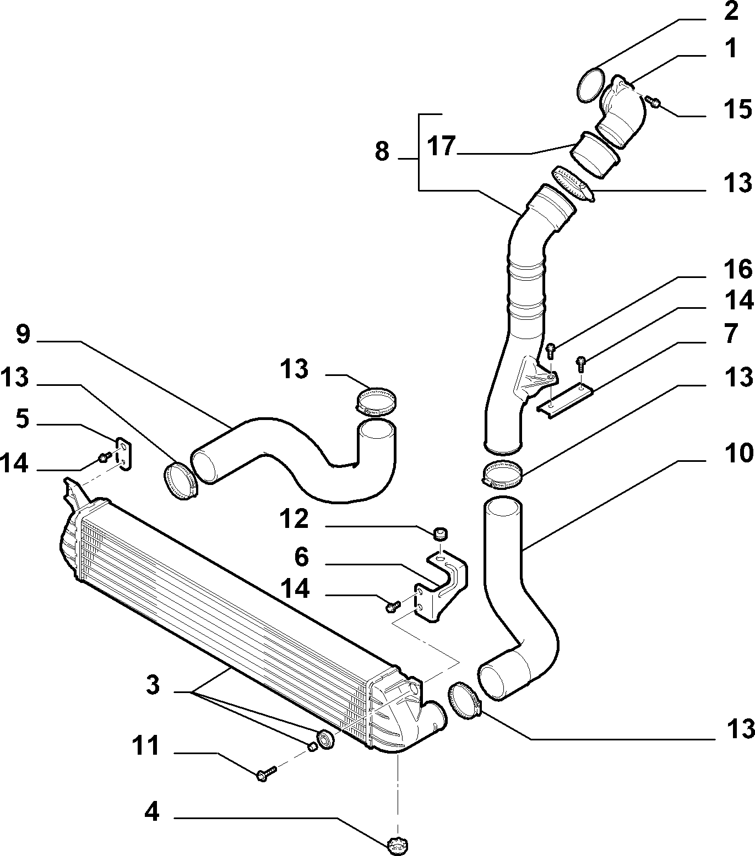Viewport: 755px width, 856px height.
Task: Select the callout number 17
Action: coord(441,147)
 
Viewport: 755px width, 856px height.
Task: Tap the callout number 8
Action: coord(382,151)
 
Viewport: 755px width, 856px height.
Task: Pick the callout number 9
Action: coord(23,334)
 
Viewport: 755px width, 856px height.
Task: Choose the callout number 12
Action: coord(295,519)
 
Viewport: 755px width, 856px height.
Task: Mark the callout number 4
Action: coord(152,811)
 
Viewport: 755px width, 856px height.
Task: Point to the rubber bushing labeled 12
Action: coord(441,534)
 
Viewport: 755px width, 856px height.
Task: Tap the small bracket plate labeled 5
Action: coord(124,453)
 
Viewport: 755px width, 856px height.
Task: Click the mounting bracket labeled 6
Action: coord(445,585)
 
